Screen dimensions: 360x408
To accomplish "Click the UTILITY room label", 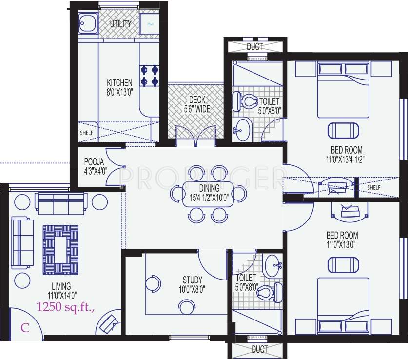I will tap(120, 24).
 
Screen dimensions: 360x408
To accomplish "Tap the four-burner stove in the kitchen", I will tap(150, 75).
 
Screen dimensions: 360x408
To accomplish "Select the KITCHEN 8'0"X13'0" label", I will tap(119, 87).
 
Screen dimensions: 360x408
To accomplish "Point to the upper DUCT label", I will tap(254, 47).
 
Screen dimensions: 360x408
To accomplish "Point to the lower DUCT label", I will tap(259, 349).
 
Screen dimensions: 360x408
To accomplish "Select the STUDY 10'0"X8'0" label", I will tap(193, 284).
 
